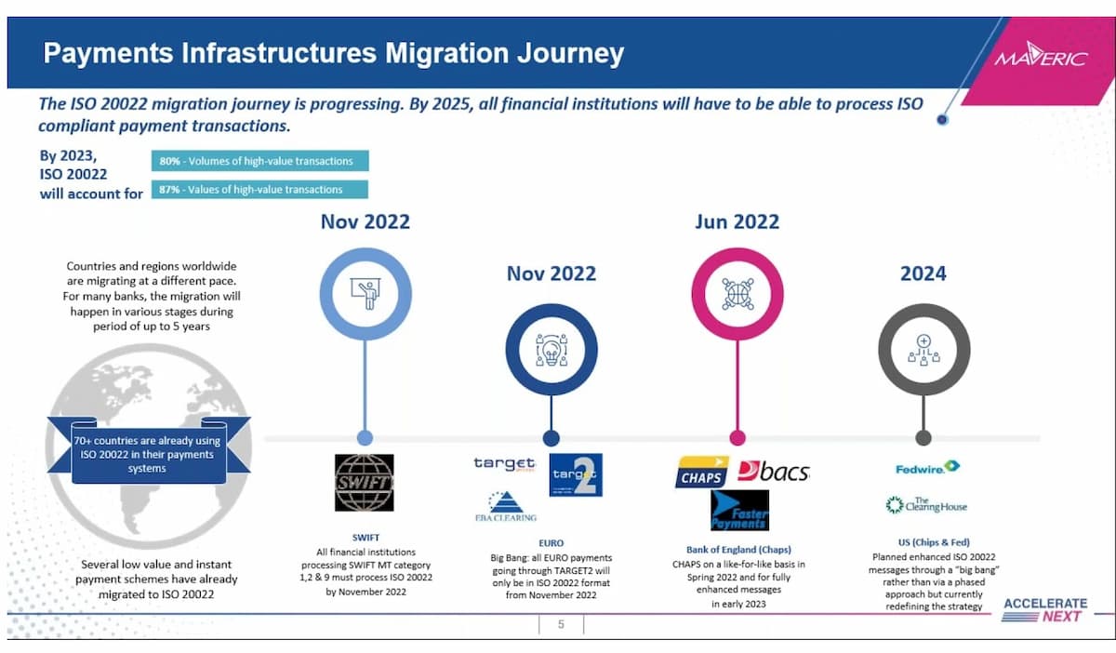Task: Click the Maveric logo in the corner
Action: coord(1041,58)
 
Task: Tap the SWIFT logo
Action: coord(364,483)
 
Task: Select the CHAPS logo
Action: coord(702,473)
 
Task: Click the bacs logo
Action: coord(773,471)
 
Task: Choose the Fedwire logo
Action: coord(926,467)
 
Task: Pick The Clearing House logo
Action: coord(926,505)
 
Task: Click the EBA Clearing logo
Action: coord(505,506)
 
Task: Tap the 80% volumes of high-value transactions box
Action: coord(259,161)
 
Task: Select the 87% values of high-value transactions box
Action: coord(259,190)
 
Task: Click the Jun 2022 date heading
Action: coord(737,221)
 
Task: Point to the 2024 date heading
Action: coord(923,273)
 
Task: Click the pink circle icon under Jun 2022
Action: coord(737,294)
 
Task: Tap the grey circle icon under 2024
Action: coord(923,350)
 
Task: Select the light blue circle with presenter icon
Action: coord(365,294)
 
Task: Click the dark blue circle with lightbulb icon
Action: coord(551,350)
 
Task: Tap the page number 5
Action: coord(561,624)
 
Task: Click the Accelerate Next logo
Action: coord(1044,610)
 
